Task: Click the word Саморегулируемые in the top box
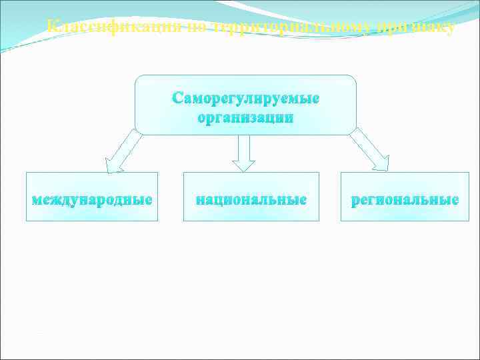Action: click(x=245, y=98)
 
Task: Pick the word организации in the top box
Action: click(x=245, y=118)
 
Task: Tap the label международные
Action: click(x=92, y=199)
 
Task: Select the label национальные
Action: click(x=251, y=199)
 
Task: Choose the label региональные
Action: click(x=405, y=199)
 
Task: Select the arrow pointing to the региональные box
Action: click(x=371, y=151)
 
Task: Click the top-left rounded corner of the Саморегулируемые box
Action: click(x=139, y=79)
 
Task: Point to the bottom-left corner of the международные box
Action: click(x=27, y=221)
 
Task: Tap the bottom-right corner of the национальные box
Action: click(x=319, y=221)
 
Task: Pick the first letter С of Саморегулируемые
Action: click(x=177, y=98)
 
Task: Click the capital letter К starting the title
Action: click(x=54, y=27)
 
